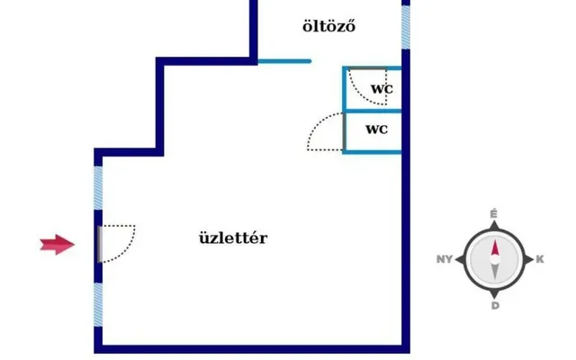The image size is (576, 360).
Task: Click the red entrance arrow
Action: click(58, 244)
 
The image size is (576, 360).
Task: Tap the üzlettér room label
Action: click(233, 238)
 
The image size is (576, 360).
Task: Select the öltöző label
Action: click(328, 26)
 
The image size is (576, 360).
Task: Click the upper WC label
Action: click(382, 89)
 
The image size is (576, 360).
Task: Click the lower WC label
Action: click(376, 129)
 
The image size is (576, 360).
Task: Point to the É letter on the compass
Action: click(494, 214)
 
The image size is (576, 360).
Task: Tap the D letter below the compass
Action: click(495, 306)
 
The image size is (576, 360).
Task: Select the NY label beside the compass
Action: click(445, 259)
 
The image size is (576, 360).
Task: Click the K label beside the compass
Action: click(540, 259)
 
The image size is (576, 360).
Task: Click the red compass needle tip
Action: click(495, 240)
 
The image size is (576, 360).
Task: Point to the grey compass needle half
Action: click(495, 272)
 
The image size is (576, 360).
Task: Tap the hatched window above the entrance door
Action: click(98, 188)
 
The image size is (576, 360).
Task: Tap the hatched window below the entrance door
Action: click(98, 304)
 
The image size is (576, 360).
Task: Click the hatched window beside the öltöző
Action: click(406, 28)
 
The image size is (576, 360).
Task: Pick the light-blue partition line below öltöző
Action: click(284, 61)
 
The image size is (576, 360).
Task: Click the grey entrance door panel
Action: click(100, 244)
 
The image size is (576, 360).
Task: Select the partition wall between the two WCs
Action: click(372, 111)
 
